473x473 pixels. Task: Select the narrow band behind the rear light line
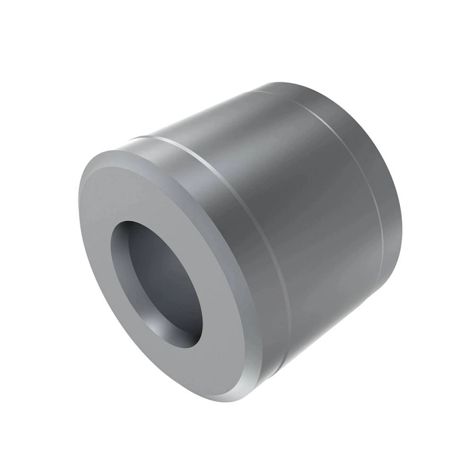(385, 169)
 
